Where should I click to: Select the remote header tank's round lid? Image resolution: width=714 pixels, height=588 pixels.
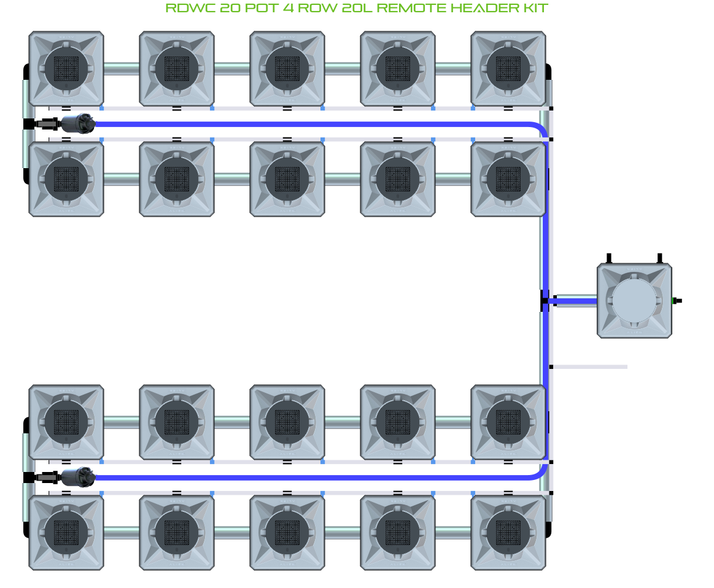634,301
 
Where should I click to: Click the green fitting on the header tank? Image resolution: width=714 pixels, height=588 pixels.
676,301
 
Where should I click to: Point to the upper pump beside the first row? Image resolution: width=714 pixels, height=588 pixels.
79,123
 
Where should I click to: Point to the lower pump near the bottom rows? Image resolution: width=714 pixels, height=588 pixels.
79,476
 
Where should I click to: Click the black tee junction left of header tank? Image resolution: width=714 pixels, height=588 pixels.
545,301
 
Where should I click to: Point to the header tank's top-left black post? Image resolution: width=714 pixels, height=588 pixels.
608,258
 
